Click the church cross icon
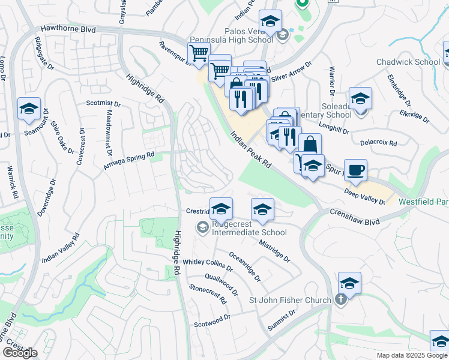[x=341, y=300]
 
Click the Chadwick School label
[x=408, y=62]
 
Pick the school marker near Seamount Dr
[x=29, y=109]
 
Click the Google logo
[x=20, y=353]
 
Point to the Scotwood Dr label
[x=212, y=324]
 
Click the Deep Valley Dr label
[x=365, y=197]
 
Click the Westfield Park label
[x=423, y=202]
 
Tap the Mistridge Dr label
[x=274, y=251]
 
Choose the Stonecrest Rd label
[x=207, y=292]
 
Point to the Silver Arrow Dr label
[x=292, y=71]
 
